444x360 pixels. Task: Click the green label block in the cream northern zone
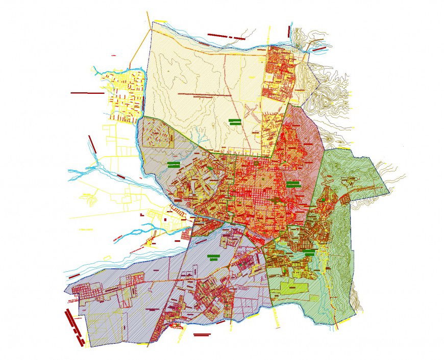[x=235, y=121]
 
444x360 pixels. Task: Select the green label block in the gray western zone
[x=172, y=165]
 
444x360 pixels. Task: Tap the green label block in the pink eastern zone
[x=292, y=184]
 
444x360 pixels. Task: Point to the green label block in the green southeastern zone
[x=308, y=251]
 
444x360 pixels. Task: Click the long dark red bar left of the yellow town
[x=87, y=93]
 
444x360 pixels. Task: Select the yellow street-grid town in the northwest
[x=126, y=97]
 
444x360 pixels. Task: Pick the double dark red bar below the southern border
[x=202, y=335]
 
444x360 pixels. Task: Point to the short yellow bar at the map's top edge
[x=160, y=20]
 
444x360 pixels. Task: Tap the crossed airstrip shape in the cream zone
[x=251, y=112]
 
